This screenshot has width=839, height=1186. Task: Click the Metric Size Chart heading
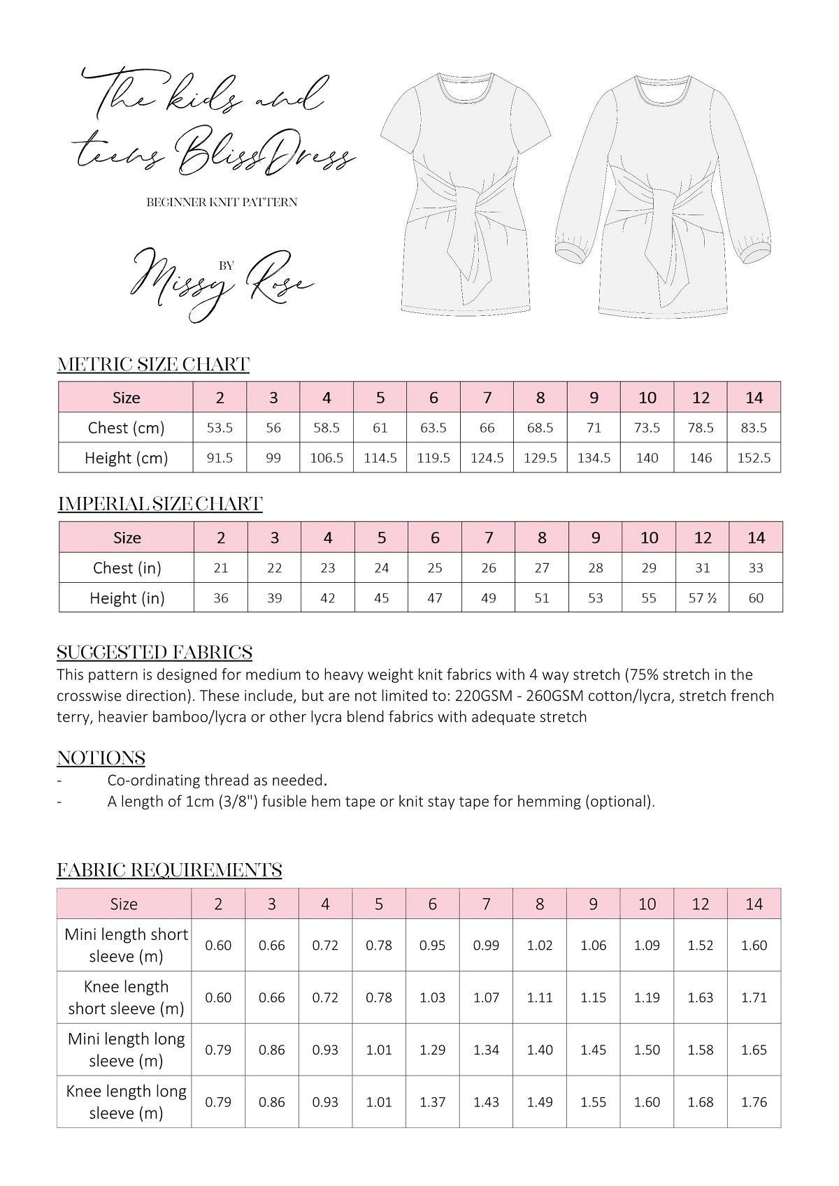point(153,364)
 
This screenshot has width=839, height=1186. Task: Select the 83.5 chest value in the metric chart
point(754,428)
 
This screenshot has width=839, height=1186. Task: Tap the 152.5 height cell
point(754,458)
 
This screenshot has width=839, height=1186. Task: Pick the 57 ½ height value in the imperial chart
point(702,598)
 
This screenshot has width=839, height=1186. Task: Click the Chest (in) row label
point(127,568)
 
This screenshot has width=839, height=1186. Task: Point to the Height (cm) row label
point(126,458)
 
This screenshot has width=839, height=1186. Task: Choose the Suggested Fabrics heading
point(155,652)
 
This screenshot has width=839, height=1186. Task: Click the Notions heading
point(101,758)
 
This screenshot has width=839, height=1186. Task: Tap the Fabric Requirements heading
point(169,869)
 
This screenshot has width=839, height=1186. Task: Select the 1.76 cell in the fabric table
point(754,1102)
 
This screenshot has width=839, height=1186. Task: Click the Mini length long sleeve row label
point(126,1050)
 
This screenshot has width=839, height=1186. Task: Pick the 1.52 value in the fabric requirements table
point(700,946)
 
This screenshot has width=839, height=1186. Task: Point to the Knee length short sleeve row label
point(126,997)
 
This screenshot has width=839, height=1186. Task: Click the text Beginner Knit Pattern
point(222,202)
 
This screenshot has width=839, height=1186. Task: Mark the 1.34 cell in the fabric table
point(486,1050)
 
